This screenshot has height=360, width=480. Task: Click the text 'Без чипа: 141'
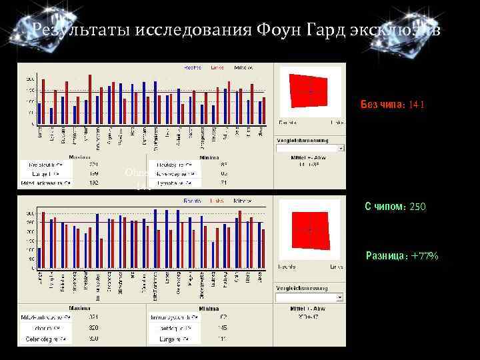click(x=393, y=105)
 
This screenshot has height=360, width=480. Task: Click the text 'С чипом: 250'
click(x=395, y=207)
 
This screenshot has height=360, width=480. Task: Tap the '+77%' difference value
click(x=424, y=255)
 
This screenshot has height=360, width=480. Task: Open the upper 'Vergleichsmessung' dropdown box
click(x=310, y=149)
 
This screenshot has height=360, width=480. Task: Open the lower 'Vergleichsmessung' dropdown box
click(x=310, y=297)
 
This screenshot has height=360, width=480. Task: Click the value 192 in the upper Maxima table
click(x=94, y=182)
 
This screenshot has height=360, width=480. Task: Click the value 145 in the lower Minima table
click(x=223, y=327)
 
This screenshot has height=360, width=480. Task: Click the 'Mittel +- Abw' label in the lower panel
click(x=310, y=307)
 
